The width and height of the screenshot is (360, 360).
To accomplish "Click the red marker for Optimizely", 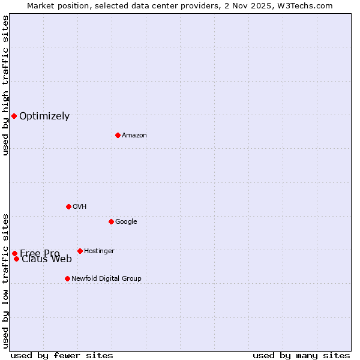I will [x=14, y=116].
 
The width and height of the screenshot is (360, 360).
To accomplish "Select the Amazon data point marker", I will [x=118, y=135].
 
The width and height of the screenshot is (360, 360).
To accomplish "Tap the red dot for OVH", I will [x=68, y=206].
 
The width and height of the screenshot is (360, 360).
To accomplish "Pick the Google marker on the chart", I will [x=111, y=221].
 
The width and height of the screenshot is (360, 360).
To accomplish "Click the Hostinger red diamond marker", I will [x=80, y=251].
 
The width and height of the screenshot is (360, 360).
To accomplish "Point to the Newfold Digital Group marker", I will [x=67, y=278].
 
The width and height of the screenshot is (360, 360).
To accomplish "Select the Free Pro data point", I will [x=14, y=253].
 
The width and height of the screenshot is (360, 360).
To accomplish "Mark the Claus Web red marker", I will [x=16, y=259].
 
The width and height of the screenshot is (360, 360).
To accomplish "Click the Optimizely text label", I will [x=44, y=116].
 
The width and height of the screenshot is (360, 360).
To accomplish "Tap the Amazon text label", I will [x=134, y=136].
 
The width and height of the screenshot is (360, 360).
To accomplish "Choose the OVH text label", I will [x=80, y=207].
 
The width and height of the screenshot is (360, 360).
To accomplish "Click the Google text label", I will [x=126, y=222].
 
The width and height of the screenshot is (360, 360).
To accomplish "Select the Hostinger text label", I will [x=99, y=251].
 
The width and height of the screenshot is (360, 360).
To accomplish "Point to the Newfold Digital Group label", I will [x=106, y=279].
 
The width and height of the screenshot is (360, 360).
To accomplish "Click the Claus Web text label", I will [x=47, y=259].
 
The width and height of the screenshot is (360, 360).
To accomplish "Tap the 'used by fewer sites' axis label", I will [x=62, y=355].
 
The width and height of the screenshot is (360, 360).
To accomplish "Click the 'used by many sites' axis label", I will [x=301, y=355].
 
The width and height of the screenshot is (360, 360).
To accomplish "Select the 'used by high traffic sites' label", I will [x=5, y=85].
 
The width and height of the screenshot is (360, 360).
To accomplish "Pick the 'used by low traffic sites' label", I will [x=5, y=280].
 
